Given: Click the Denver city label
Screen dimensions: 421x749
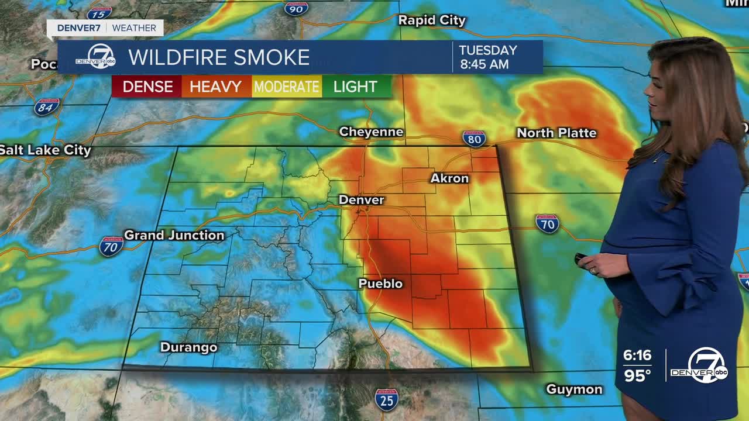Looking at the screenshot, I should click(x=361, y=200).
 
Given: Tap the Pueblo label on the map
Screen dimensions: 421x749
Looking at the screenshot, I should click(x=380, y=284).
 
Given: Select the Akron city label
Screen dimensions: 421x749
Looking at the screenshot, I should click(x=449, y=178).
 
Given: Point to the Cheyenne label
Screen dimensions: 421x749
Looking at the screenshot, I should click(x=371, y=132).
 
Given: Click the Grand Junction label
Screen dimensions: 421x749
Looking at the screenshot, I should click(x=174, y=235).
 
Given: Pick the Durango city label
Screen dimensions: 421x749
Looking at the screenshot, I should click(x=188, y=347).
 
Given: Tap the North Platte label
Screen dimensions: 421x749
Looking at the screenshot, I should click(x=556, y=133).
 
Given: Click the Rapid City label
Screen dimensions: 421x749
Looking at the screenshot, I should click(x=432, y=20).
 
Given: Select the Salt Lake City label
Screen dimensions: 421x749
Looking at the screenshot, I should click(x=46, y=150).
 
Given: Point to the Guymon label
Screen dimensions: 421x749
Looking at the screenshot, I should click(x=573, y=389).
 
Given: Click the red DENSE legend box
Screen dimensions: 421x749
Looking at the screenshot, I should click(x=147, y=87).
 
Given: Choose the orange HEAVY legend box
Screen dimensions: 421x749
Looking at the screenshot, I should click(x=216, y=87).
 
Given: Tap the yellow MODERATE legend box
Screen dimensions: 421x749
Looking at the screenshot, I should click(x=287, y=87).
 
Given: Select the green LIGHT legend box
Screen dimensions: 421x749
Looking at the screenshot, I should click(x=355, y=87).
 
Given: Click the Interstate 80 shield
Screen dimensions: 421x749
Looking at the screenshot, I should click(x=474, y=139).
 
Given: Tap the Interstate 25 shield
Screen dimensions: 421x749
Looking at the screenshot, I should click(x=386, y=399).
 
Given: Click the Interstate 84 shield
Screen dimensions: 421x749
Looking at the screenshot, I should click(x=46, y=107).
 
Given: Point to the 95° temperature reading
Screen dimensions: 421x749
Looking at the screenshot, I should click(x=637, y=375).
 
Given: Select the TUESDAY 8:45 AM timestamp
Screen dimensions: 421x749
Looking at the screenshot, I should click(x=487, y=57).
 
